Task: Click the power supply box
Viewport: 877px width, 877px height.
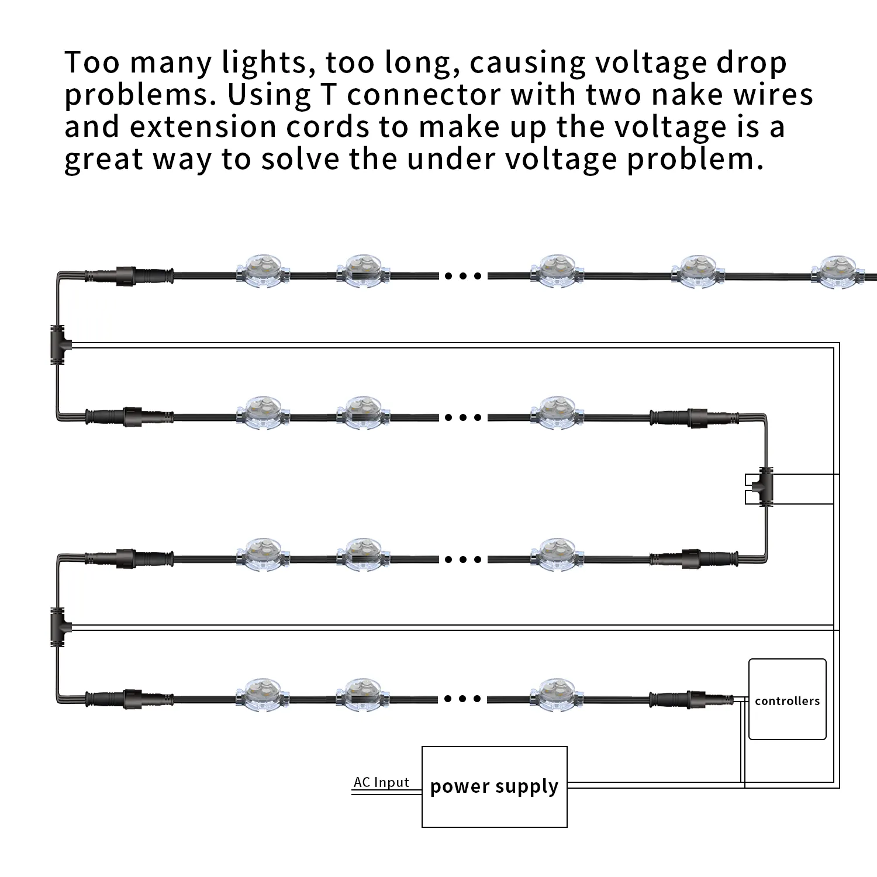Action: click(x=495, y=786)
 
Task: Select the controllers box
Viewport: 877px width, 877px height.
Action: click(x=788, y=699)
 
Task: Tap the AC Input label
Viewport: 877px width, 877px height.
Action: click(x=381, y=782)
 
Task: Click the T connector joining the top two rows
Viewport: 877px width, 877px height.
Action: click(x=59, y=345)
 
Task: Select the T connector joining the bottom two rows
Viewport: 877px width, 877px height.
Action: click(x=59, y=627)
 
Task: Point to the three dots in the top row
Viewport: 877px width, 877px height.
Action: click(x=463, y=275)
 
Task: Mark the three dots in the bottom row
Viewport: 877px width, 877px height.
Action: click(x=463, y=699)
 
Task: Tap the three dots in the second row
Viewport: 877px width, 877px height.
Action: click(x=463, y=417)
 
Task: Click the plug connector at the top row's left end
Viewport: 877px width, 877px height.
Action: click(x=129, y=275)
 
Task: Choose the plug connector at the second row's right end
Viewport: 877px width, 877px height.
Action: click(x=695, y=417)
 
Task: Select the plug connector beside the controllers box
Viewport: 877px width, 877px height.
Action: click(x=692, y=699)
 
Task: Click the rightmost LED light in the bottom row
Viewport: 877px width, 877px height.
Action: click(x=557, y=695)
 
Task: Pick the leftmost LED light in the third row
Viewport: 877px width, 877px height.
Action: click(x=263, y=555)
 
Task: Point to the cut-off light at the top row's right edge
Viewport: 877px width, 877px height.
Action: click(x=842, y=272)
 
